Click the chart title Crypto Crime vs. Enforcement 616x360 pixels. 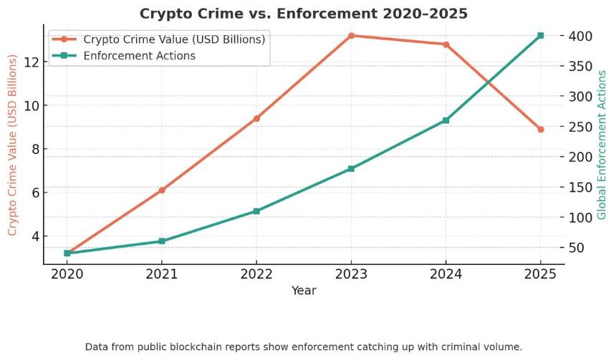[303, 14]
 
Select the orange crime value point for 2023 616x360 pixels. [351, 36]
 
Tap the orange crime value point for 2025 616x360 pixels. [541, 130]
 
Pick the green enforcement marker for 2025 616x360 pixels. [541, 35]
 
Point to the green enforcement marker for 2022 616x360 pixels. [256, 211]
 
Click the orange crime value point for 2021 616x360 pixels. [162, 190]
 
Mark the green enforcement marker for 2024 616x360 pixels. [446, 120]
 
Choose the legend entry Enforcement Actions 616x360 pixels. [139, 55]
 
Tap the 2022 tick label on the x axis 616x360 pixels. [256, 274]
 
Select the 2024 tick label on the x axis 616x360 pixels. [446, 274]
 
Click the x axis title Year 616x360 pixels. [304, 291]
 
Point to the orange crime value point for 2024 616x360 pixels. [446, 44]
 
